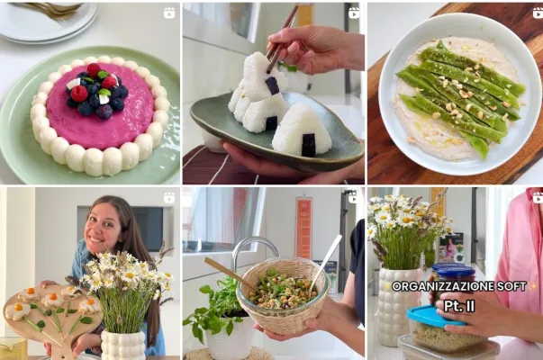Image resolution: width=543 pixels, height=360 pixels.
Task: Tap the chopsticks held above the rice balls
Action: (x=281, y=39)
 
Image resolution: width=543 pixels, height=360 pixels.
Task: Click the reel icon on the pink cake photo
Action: (x=169, y=13)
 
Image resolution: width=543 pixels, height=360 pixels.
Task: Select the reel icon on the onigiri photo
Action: (x=354, y=13)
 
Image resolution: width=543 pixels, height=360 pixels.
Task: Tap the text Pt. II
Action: (x=459, y=306)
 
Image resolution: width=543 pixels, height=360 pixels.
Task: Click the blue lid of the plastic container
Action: (x=437, y=317)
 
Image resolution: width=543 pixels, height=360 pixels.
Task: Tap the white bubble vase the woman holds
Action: (x=123, y=345)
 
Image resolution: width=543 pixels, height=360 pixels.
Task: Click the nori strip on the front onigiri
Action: (x=308, y=145)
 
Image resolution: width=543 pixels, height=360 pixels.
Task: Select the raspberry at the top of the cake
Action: (x=94, y=70)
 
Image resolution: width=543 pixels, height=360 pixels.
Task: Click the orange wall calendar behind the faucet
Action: (x=303, y=229)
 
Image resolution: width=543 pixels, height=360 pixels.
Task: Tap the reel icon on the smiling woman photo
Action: (x=169, y=198)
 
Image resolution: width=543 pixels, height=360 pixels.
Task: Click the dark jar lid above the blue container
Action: (x=453, y=267)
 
